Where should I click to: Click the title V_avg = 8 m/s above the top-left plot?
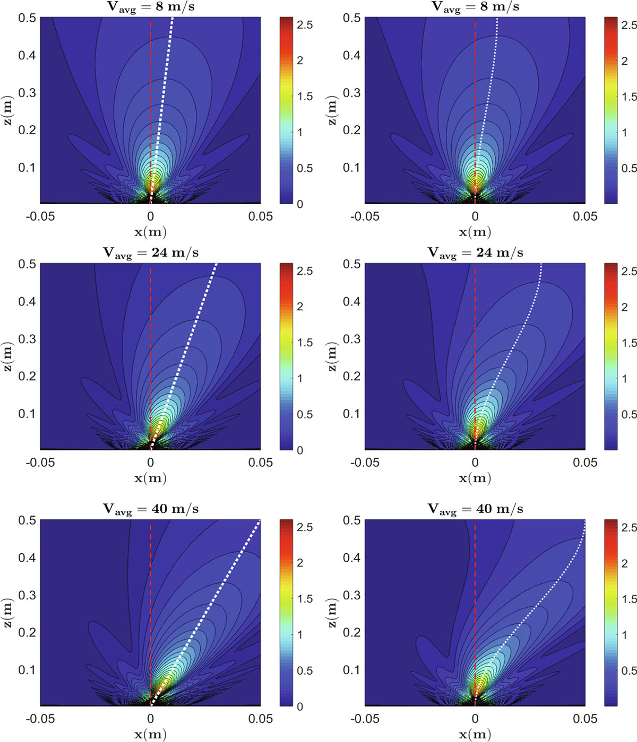coord(151,7)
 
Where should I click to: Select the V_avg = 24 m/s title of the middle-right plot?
coord(475,254)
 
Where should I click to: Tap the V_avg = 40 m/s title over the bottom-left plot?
coord(151,509)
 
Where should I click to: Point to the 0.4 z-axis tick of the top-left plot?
coord(27,55)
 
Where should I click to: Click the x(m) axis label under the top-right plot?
coord(475,232)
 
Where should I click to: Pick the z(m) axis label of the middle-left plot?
coord(8,357)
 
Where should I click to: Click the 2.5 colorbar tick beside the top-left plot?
coord(305,25)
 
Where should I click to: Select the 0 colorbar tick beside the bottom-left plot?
coord(300,707)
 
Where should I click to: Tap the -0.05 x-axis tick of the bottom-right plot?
coord(365,719)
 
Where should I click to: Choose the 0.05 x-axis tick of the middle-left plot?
coord(261,462)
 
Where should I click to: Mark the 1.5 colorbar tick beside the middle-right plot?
coord(629,343)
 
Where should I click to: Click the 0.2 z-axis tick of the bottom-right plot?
coord(352,632)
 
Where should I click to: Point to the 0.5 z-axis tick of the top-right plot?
coord(352,18)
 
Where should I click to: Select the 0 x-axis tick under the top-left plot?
coord(151,216)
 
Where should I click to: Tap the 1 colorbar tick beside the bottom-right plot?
coord(625,635)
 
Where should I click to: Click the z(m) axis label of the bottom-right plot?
coord(332,613)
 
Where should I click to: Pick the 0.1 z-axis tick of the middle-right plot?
coord(352,414)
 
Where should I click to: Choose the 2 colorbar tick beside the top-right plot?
coord(625,61)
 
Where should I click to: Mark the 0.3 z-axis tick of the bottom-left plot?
coord(27,595)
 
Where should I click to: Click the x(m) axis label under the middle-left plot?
coord(151,478)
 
